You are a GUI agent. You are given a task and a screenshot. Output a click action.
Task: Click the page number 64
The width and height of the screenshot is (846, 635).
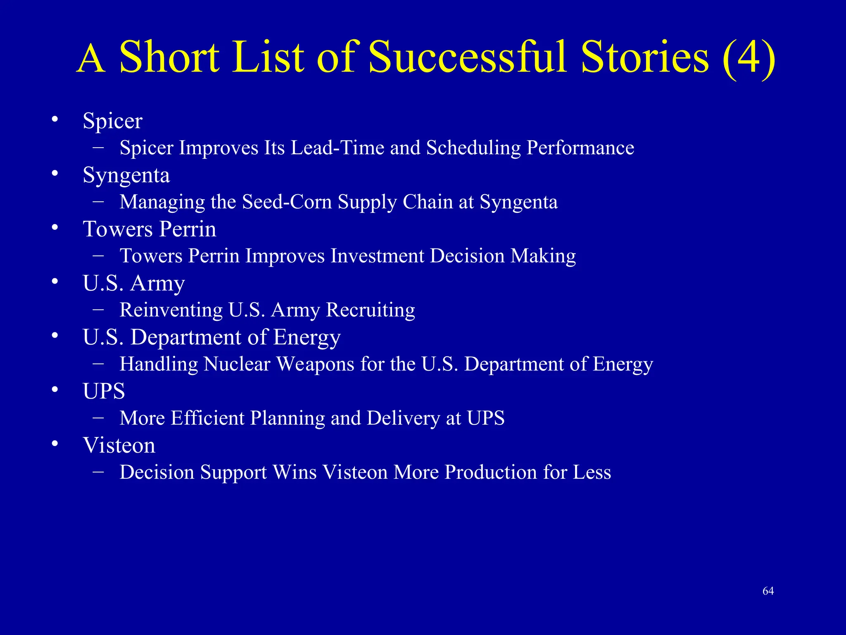(768, 591)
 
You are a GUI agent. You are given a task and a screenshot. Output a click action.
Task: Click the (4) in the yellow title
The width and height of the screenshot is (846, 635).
(749, 58)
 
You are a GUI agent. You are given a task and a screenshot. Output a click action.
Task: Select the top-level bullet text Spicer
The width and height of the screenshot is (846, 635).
(112, 121)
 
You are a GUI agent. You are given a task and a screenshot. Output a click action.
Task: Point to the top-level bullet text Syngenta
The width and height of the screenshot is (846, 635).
(126, 176)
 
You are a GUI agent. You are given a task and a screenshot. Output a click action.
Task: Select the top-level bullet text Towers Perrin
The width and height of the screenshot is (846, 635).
(150, 229)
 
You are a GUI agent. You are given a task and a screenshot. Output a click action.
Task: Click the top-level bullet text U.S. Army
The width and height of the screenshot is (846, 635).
(133, 284)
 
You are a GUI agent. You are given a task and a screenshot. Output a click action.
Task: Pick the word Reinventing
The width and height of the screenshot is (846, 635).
(171, 310)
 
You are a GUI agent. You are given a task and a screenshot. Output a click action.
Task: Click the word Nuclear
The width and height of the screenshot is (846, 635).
(237, 364)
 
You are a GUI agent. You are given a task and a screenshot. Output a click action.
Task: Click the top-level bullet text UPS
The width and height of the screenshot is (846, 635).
(104, 392)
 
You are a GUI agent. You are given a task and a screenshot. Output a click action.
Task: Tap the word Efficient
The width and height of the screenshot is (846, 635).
(207, 418)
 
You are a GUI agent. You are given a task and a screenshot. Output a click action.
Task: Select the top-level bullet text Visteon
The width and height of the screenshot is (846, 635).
(119, 446)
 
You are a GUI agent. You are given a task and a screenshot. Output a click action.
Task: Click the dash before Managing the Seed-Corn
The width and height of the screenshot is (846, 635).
(98, 201)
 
